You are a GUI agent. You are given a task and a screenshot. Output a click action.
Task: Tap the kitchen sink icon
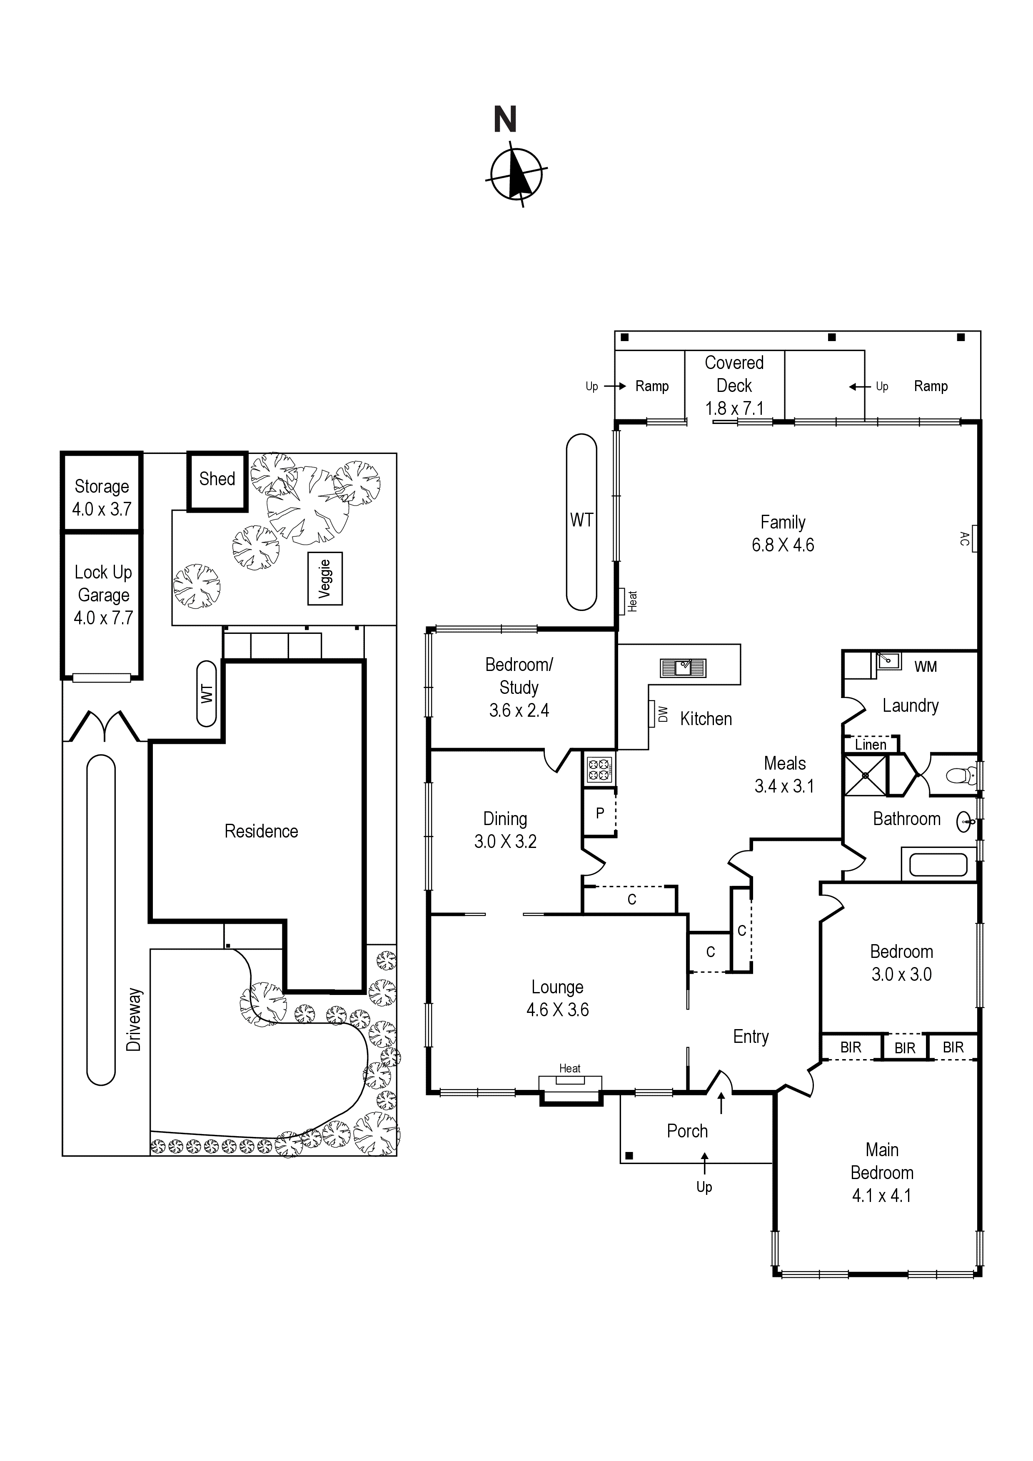683,668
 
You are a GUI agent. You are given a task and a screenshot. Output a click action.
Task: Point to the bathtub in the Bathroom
938,865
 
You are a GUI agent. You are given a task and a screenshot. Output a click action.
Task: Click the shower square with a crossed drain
864,775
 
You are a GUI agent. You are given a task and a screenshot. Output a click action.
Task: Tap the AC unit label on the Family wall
965,539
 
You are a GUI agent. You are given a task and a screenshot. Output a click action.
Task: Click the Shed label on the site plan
217,479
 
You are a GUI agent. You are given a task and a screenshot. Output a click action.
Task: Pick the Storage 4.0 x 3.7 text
102,498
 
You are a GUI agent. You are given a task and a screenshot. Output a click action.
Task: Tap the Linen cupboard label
870,745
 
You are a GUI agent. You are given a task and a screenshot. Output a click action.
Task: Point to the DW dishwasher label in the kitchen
663,714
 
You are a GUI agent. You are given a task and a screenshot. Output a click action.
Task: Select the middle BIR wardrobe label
904,1047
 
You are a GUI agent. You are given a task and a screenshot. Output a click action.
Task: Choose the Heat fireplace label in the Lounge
570,1068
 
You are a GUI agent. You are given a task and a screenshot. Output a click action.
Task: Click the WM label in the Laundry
926,666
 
